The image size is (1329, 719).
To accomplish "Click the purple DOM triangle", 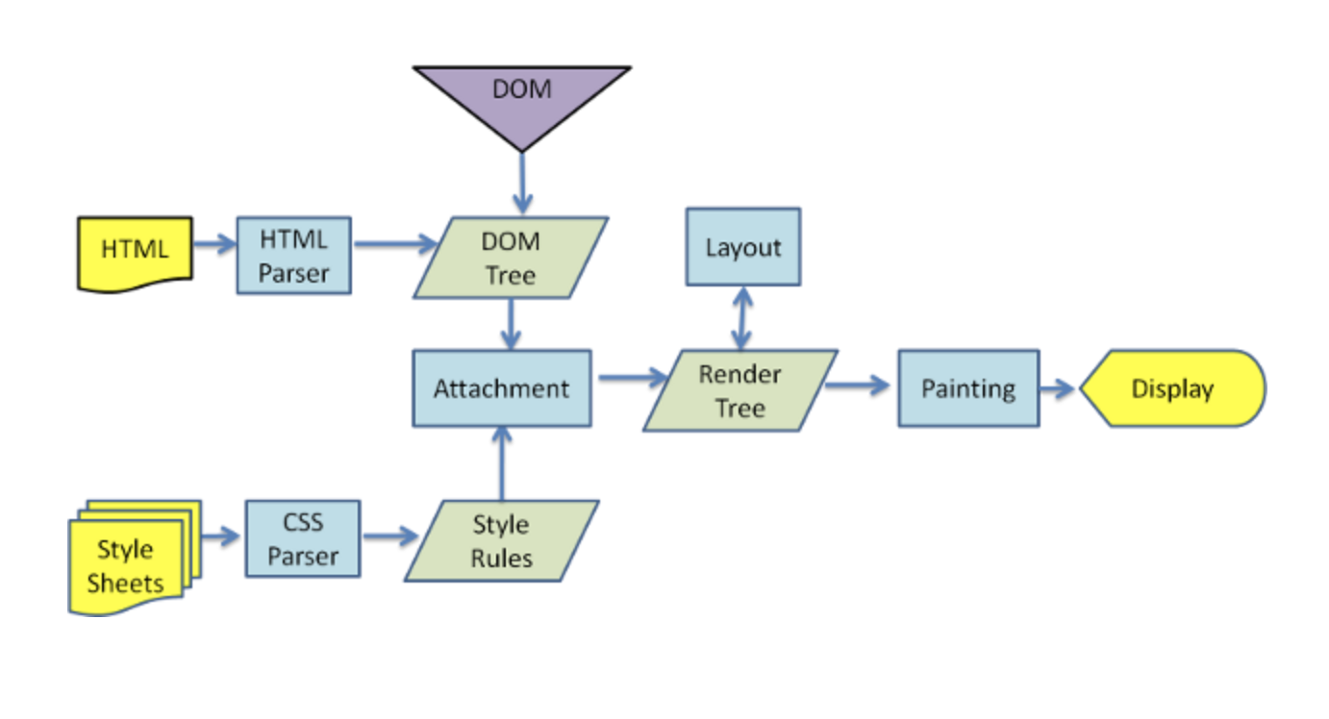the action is tap(521, 101).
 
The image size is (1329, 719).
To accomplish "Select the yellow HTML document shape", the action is tap(135, 254).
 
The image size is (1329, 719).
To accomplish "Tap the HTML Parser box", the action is tap(293, 255).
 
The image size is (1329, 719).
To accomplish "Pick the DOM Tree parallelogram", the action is tap(511, 258).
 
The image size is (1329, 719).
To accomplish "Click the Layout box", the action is tap(742, 247).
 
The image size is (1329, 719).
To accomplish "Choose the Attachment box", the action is tap(502, 388).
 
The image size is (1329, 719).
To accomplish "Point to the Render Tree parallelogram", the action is tap(740, 390).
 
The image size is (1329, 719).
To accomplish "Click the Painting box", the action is tap(968, 388).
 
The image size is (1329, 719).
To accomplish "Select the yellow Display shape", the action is tap(1173, 388).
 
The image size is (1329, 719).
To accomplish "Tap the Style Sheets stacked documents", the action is tap(135, 558).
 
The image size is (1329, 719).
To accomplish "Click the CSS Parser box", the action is tap(303, 538).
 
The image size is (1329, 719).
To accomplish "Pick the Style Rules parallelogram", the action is tap(502, 541).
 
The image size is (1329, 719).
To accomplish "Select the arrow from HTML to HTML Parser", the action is tap(214, 244).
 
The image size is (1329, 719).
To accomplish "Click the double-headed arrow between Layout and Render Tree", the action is tap(742, 318).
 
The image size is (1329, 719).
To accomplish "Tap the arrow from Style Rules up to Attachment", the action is tap(502, 463).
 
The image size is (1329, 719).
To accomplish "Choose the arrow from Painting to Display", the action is tap(1057, 388).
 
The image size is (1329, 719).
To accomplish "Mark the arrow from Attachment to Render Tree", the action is tap(633, 378).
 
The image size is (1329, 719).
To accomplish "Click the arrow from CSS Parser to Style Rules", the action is tap(390, 536).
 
